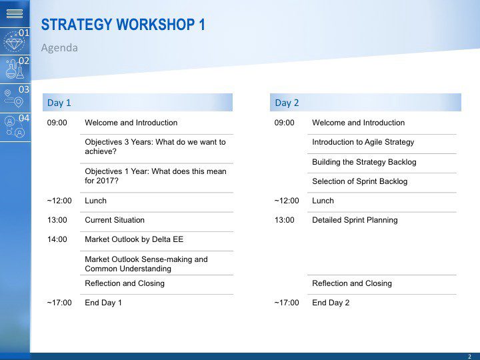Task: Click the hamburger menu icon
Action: (x=15, y=13)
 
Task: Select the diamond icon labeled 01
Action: (x=14, y=42)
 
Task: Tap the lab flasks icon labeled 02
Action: (x=15, y=69)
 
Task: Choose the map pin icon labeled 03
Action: (x=14, y=98)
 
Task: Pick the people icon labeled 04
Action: (x=15, y=127)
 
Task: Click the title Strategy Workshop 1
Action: (x=123, y=25)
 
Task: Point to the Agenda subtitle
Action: (x=59, y=48)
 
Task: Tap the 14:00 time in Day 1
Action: (x=57, y=239)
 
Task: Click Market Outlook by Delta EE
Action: (x=134, y=239)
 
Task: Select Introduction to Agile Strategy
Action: (x=363, y=142)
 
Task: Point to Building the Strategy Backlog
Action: (x=364, y=162)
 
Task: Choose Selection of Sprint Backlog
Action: (x=360, y=181)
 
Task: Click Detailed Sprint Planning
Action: (x=355, y=220)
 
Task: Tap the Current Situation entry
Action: (x=115, y=220)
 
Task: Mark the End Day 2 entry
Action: (x=331, y=303)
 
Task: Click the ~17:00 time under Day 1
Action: (x=59, y=303)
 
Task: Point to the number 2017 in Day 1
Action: (x=104, y=181)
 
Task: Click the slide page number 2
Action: (x=469, y=356)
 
